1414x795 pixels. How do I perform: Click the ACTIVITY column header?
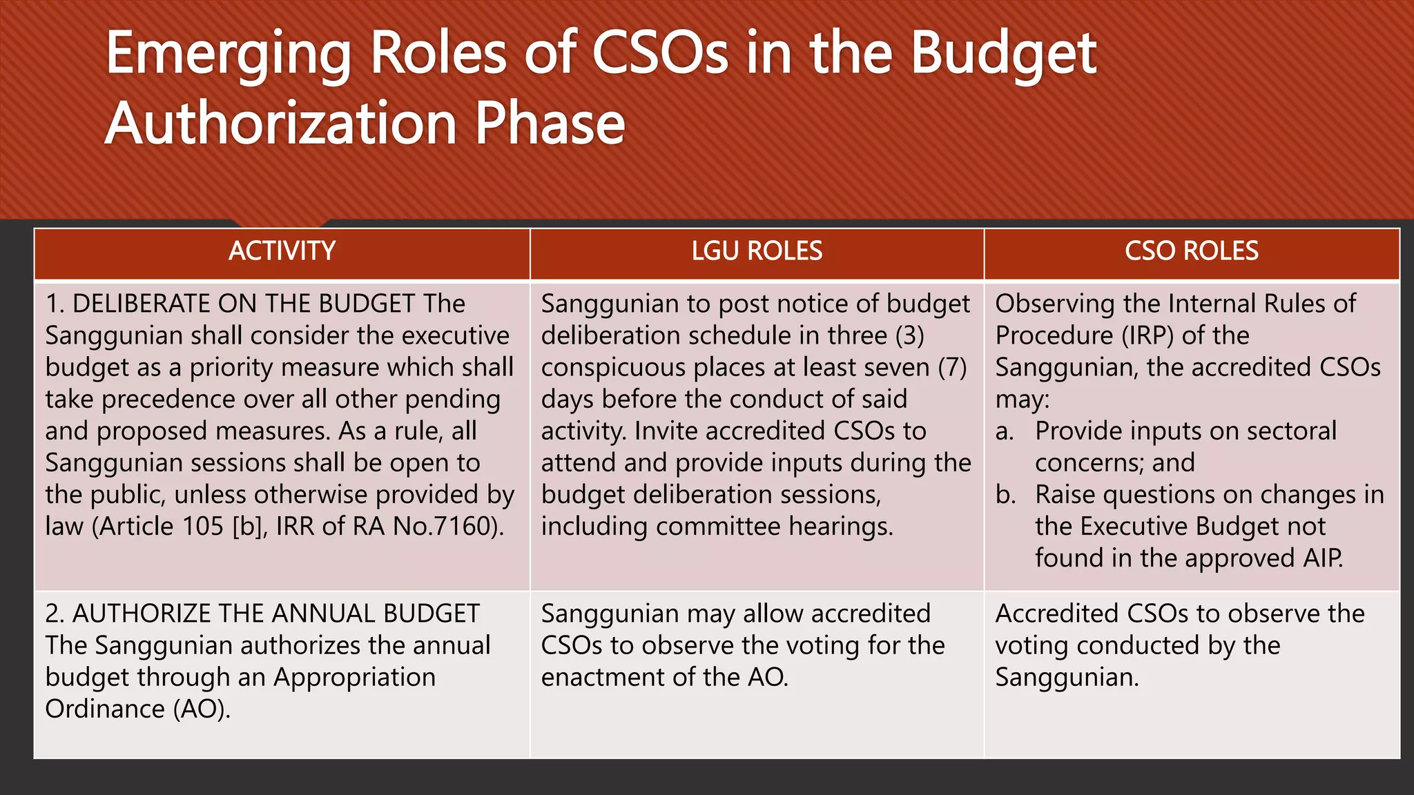pyautogui.click(x=282, y=251)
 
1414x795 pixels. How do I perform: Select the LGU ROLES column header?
pyautogui.click(x=757, y=251)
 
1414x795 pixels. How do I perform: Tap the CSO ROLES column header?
pyautogui.click(x=1191, y=251)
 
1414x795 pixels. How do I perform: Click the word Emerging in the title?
pyautogui.click(x=229, y=55)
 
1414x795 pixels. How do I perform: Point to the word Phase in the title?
pyautogui.click(x=550, y=124)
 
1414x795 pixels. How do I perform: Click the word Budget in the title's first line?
pyautogui.click(x=1003, y=55)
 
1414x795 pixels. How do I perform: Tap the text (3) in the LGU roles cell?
pyautogui.click(x=909, y=336)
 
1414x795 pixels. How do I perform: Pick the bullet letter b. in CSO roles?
pyautogui.click(x=1005, y=495)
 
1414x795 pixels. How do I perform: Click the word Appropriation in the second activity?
pyautogui.click(x=354, y=678)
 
